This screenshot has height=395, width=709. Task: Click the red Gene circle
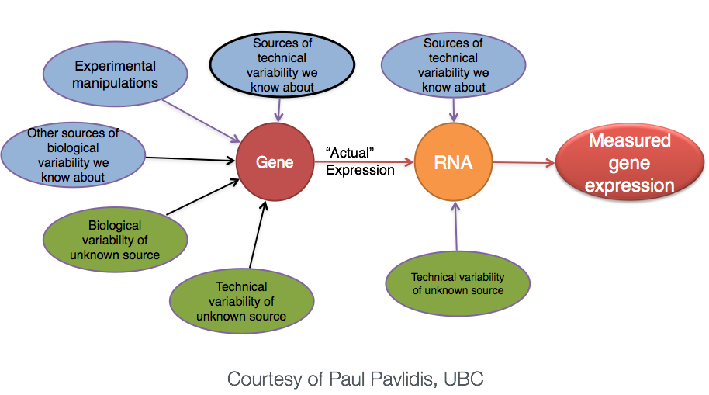pos(275,163)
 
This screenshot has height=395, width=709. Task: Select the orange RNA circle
pos(454,164)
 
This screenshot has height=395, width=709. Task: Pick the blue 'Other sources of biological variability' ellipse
pos(73,156)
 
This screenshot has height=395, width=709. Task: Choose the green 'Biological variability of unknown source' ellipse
pos(115,240)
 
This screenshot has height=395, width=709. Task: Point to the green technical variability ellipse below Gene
pos(241,301)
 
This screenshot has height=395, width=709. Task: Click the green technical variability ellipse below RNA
pos(458,284)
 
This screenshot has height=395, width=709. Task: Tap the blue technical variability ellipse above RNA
pos(453,66)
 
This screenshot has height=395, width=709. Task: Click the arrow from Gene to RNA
pos(365,164)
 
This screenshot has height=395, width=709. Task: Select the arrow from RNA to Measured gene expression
pos(524,163)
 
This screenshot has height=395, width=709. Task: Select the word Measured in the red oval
pos(629,141)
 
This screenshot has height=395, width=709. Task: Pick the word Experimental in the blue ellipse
pos(115,66)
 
